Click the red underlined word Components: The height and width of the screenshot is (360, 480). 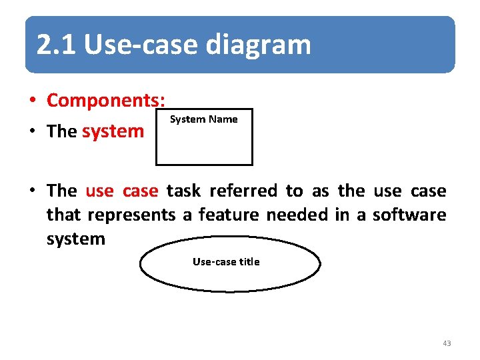coord(105,101)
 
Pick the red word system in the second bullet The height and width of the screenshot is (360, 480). coord(113,131)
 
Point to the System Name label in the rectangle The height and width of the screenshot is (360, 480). coord(203,119)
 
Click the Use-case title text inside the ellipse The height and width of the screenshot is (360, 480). coord(226,262)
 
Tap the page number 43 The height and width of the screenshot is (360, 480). coord(446,343)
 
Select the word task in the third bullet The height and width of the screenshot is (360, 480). coord(183,191)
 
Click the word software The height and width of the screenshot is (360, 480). coord(409,215)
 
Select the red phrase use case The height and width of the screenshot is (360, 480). coord(121,191)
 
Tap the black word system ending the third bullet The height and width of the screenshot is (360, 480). coord(75,239)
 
